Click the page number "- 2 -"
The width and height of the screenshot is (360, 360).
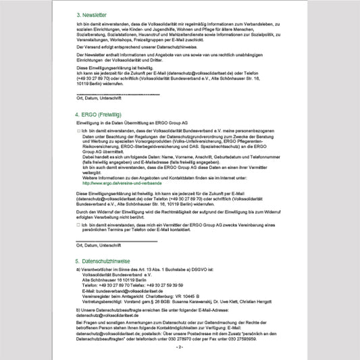tap(180, 346)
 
